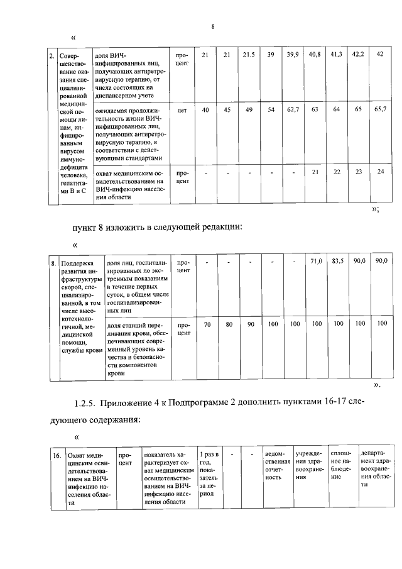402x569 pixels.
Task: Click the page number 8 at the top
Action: point(213,26)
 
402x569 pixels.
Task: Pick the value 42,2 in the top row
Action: point(357,56)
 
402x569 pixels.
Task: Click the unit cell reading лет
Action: point(182,110)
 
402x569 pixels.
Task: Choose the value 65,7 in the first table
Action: point(379,110)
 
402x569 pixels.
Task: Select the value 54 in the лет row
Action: point(271,110)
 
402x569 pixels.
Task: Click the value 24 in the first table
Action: point(379,172)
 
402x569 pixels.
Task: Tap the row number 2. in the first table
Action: point(52,57)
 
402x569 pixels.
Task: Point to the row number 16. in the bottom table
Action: point(57,455)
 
